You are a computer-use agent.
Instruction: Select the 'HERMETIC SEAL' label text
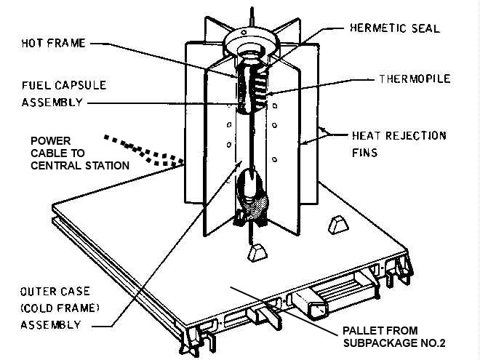[x=405, y=28]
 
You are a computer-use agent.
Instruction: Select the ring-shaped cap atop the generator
[x=251, y=39]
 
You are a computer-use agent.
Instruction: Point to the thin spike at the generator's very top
[x=251, y=14]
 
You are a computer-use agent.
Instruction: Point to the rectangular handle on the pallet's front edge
[x=308, y=300]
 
